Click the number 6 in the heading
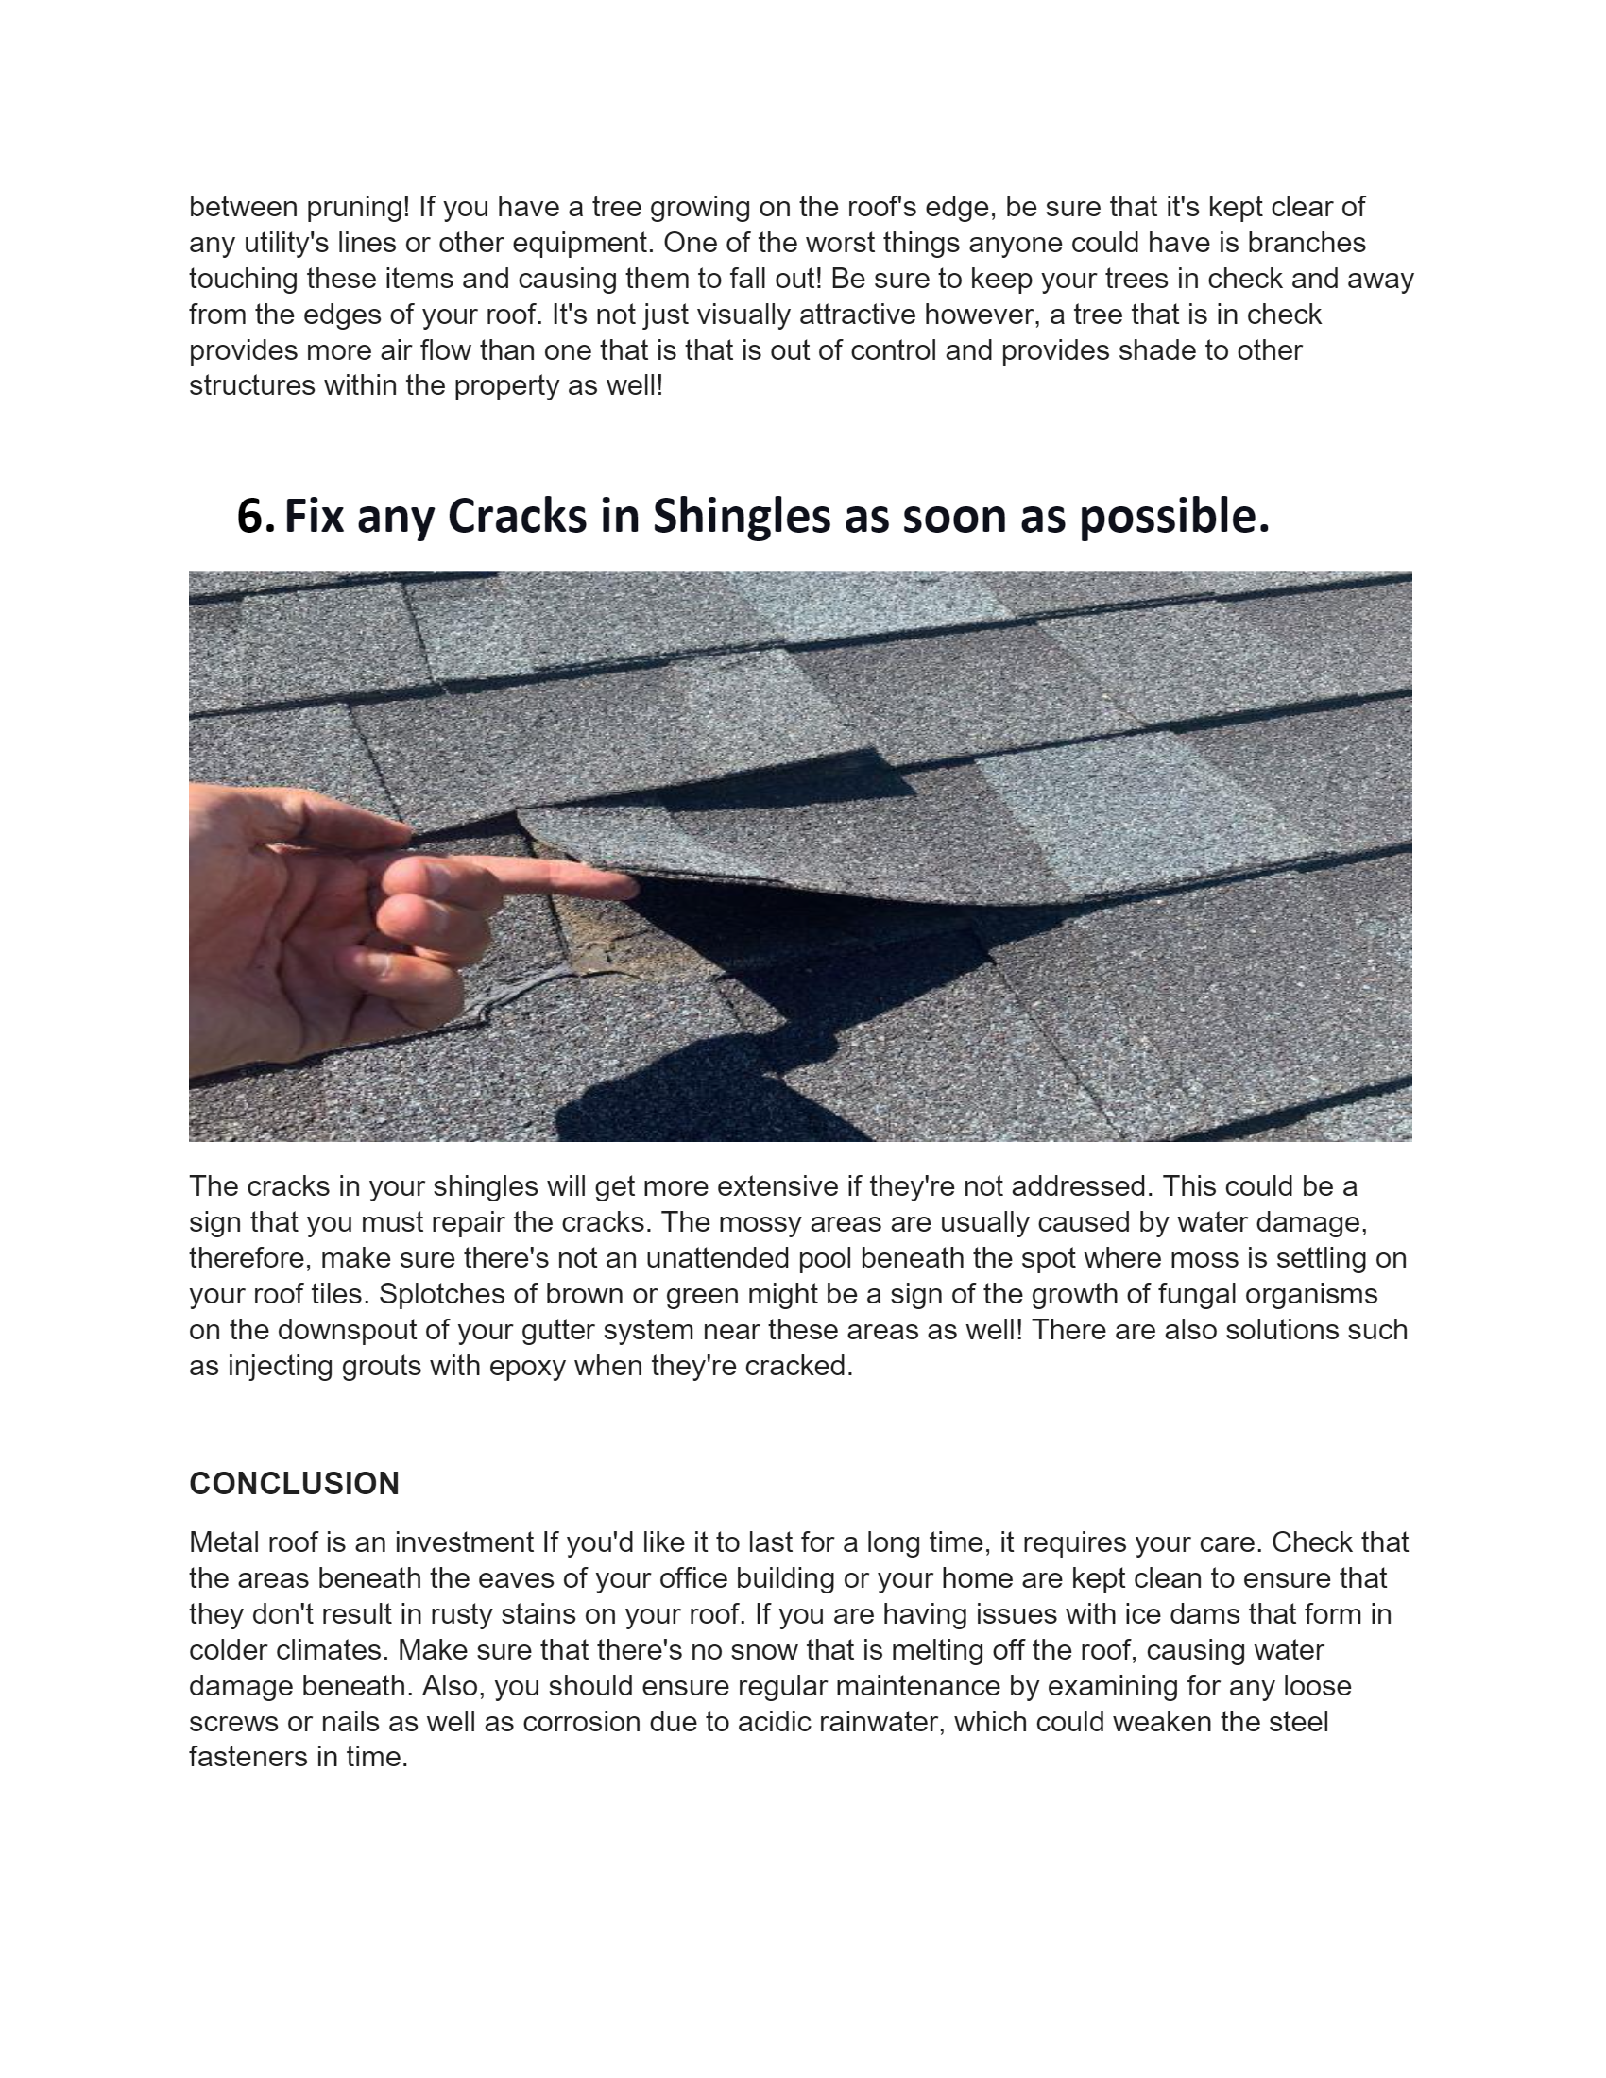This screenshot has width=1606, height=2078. [x=254, y=517]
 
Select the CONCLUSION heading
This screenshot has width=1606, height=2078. [x=294, y=1483]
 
